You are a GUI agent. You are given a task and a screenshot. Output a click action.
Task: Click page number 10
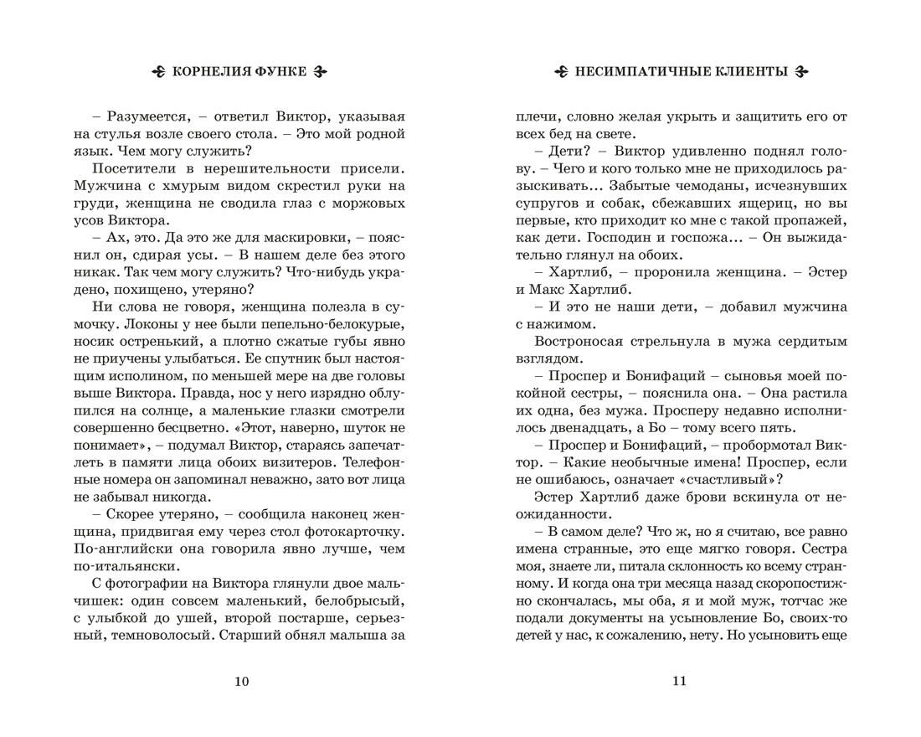pos(241,681)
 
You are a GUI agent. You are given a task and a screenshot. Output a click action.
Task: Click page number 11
pos(679,681)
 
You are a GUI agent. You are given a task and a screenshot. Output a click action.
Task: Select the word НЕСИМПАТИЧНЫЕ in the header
pos(636,73)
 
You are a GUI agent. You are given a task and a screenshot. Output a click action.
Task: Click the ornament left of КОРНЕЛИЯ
pos(158,73)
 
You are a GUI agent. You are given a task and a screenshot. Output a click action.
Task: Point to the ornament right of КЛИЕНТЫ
pos(801,73)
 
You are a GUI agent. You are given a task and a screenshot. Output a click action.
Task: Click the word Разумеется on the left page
pos(141,116)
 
